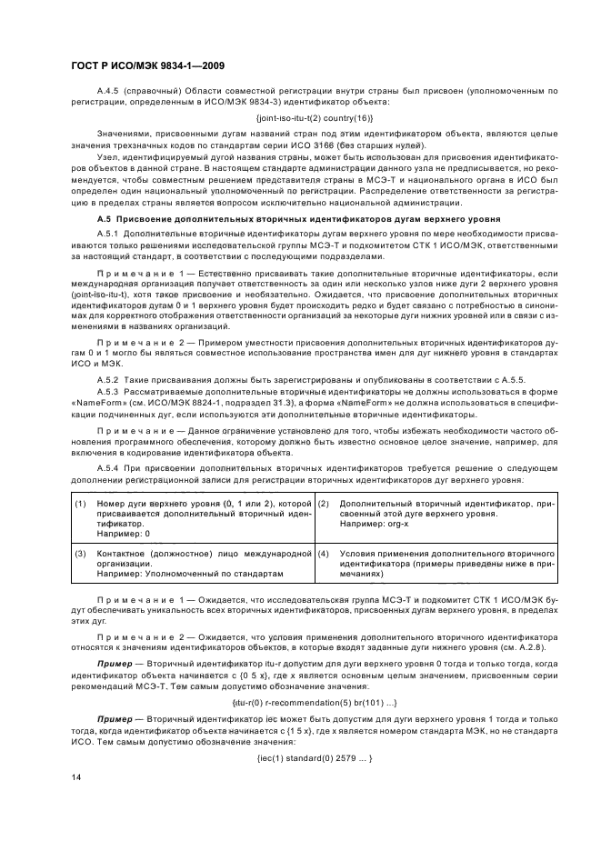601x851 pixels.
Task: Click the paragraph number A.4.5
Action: [107, 91]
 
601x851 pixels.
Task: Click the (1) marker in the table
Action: [80, 504]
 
